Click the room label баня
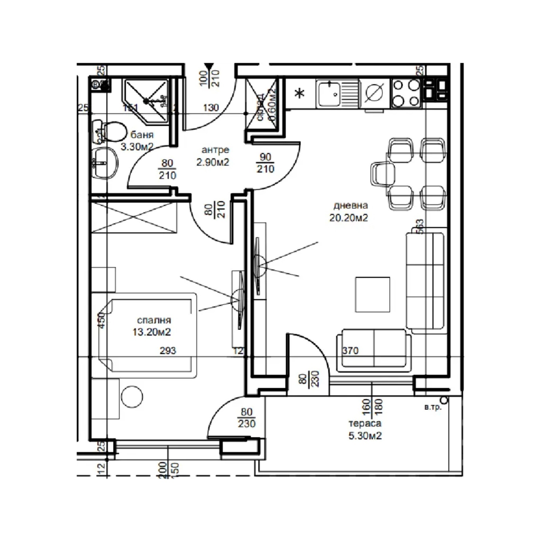[142, 135]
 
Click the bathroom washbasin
[105, 163]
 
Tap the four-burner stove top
[406, 93]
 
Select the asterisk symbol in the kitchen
[299, 93]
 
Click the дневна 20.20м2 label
[349, 211]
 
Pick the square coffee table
[372, 294]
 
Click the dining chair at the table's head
[382, 174]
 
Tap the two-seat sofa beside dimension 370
[374, 349]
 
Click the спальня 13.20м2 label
[152, 326]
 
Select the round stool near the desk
[132, 396]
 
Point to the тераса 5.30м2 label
[365, 429]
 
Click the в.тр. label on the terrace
[433, 407]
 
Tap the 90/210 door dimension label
[265, 163]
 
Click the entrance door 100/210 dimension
[210, 78]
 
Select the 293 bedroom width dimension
[168, 350]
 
